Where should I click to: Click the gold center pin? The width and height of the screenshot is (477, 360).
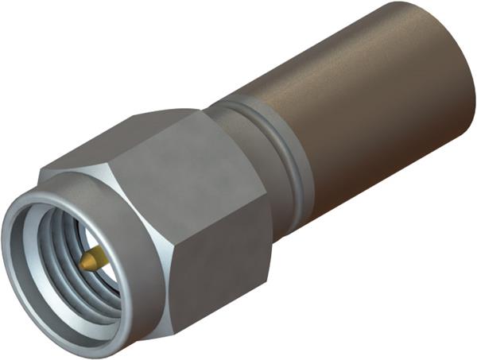pyautogui.click(x=94, y=257)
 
